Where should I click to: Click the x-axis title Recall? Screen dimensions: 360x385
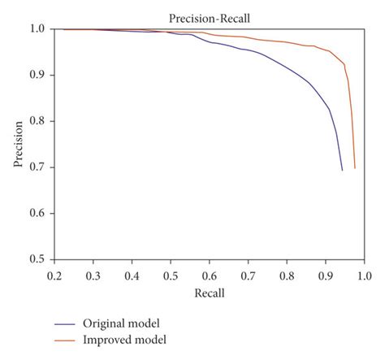point(209,293)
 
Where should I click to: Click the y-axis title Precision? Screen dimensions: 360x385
point(18,145)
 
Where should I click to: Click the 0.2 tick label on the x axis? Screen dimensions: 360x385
point(54,276)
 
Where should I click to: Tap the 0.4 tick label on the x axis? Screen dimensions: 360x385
point(132,276)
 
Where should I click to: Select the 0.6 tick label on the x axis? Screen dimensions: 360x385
point(209,276)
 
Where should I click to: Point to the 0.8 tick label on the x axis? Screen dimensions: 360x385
point(286,276)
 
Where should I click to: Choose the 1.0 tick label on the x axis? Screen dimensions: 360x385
point(363,276)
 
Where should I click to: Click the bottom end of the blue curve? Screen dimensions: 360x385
point(342,170)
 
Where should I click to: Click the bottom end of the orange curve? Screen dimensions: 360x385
point(355,168)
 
